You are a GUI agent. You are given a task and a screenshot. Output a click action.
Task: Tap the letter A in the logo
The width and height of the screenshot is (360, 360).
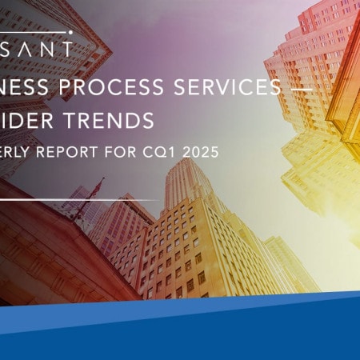coord(26,48)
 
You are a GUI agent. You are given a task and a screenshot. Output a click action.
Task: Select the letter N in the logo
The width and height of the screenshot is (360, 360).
coord(46,48)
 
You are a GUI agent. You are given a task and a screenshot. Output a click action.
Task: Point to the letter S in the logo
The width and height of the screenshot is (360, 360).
coord(7,48)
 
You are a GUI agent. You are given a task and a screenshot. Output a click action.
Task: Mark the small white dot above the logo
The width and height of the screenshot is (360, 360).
coord(70,34)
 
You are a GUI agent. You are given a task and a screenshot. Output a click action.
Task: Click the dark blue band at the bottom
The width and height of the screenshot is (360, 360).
coord(180,336)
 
